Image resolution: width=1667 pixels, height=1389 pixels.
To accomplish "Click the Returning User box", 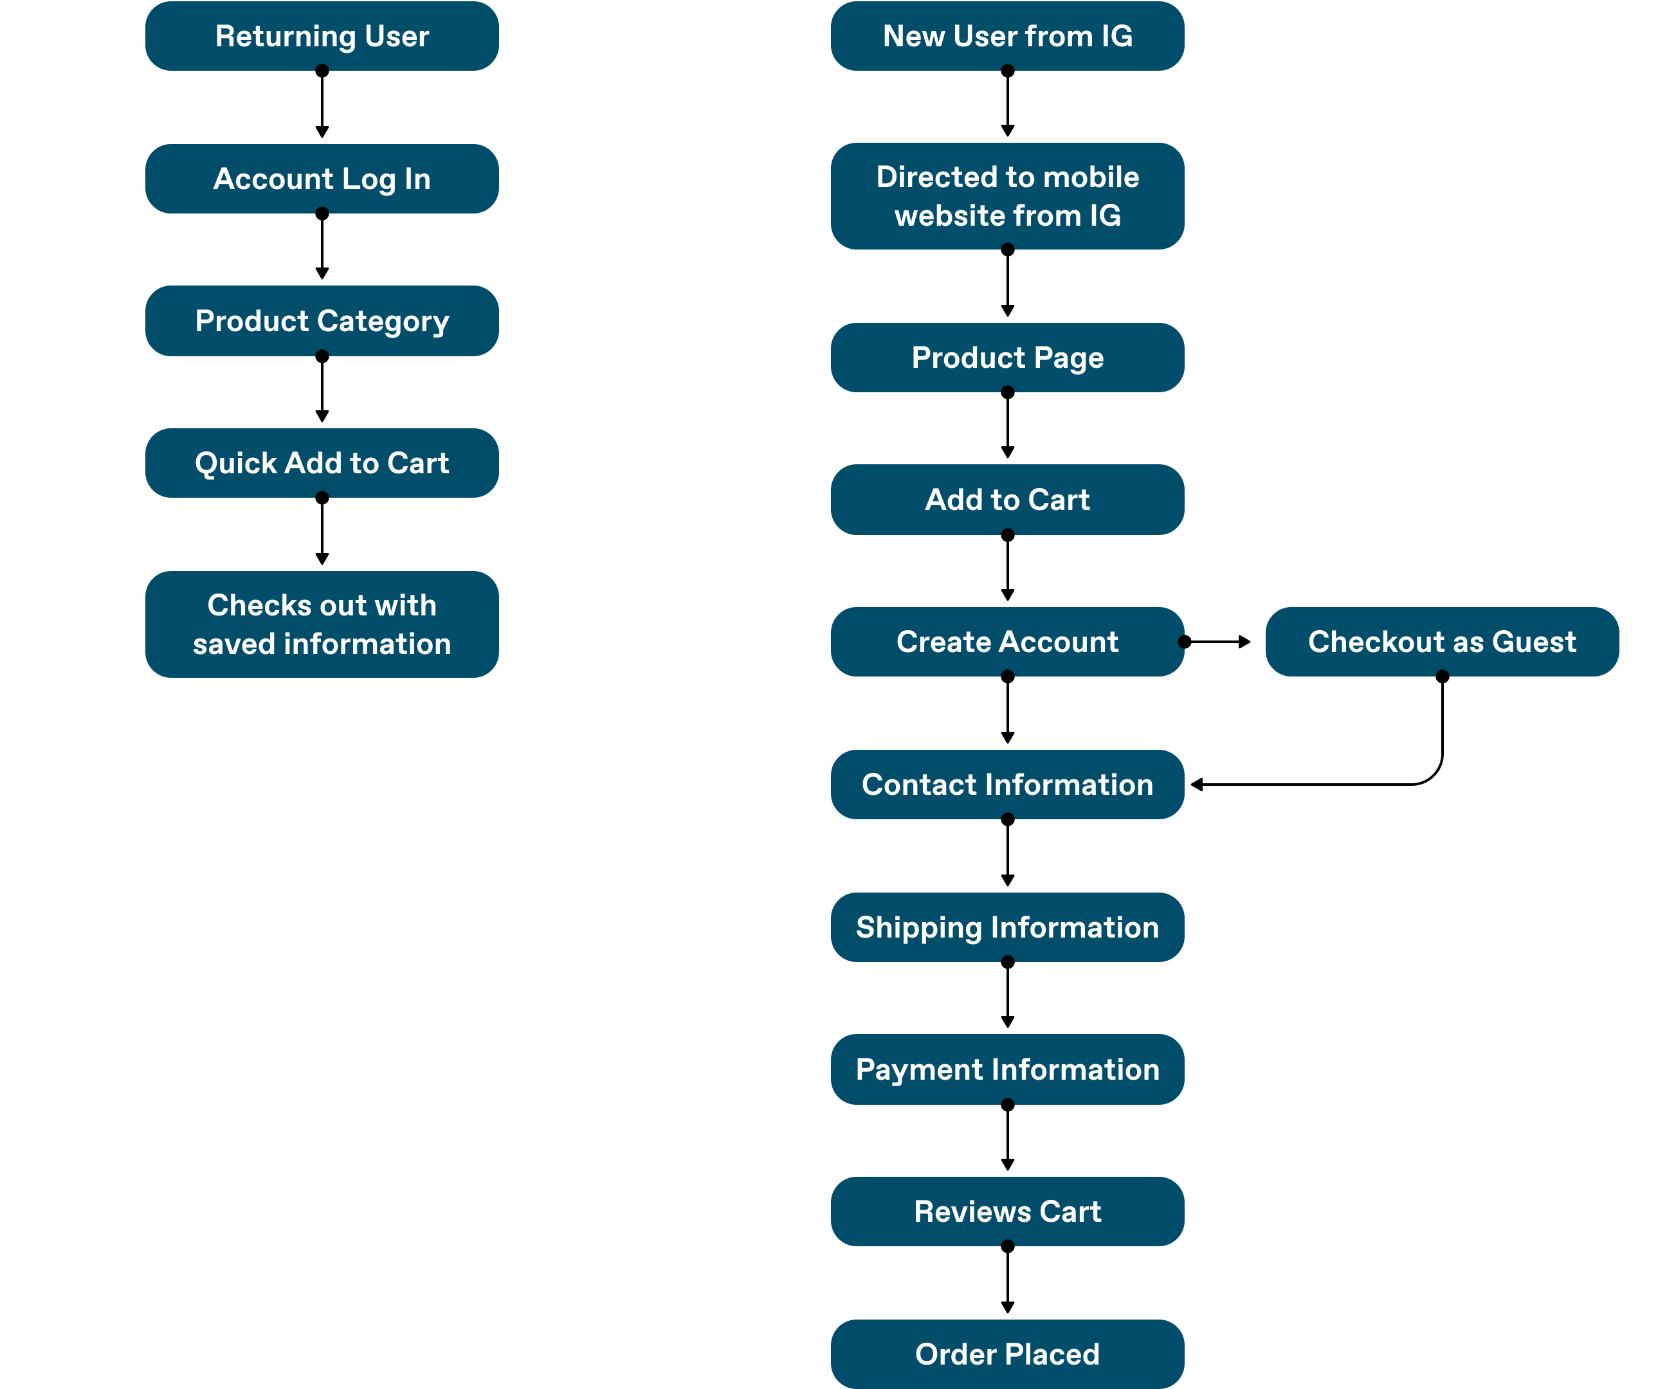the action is [322, 36].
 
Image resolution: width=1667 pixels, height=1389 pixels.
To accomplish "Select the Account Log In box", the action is [322, 179].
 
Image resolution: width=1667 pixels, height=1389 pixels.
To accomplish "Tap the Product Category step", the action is [322, 321].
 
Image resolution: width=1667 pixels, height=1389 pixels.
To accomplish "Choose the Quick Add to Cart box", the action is [322, 463].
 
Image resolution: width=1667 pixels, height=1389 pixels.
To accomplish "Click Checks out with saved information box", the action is [322, 624].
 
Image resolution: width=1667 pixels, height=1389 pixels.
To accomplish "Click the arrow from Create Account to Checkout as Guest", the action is [1217, 641].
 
